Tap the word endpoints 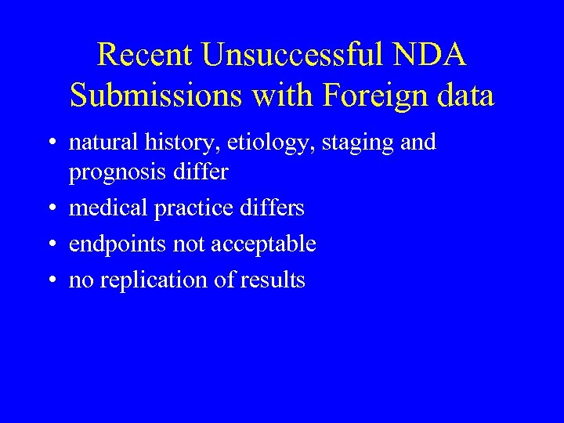117,244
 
